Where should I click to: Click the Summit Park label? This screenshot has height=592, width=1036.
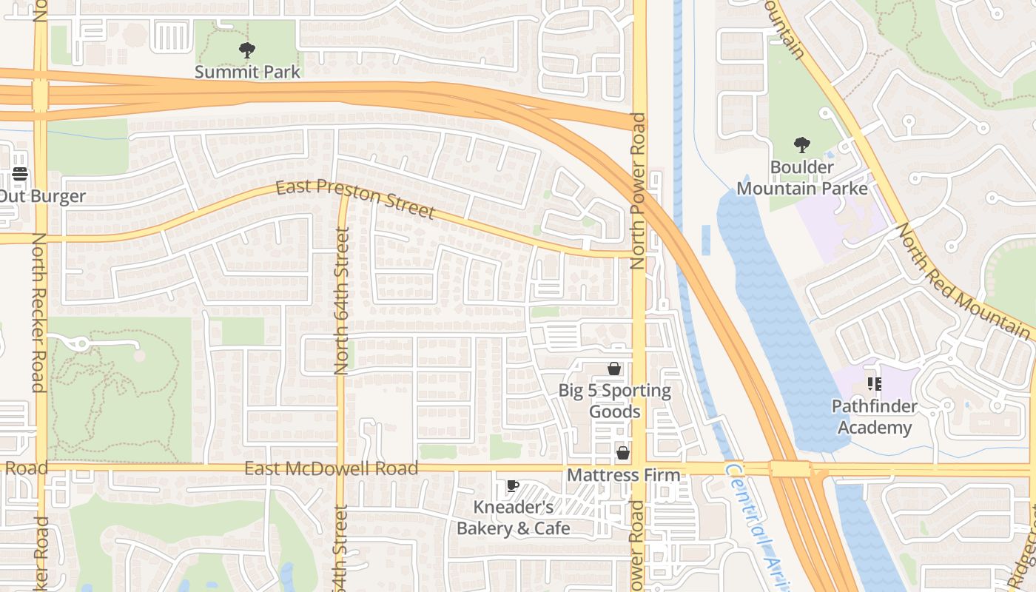[x=247, y=72]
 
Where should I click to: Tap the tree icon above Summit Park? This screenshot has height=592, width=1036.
[x=247, y=50]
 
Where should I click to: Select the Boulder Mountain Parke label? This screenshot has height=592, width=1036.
[x=802, y=178]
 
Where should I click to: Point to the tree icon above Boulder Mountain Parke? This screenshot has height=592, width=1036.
[x=801, y=145]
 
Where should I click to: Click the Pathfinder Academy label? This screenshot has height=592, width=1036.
[x=874, y=417]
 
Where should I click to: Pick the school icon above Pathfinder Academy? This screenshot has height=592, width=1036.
[x=874, y=384]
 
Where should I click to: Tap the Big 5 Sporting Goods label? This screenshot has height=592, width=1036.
[x=614, y=400]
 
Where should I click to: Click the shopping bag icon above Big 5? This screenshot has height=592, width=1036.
[x=613, y=369]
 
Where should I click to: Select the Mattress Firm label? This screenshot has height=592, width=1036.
[x=623, y=475]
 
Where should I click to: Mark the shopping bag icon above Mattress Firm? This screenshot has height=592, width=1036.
[x=623, y=453]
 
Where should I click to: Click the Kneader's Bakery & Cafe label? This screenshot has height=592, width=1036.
[x=514, y=518]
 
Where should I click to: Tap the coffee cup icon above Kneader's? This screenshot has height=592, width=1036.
[x=512, y=485]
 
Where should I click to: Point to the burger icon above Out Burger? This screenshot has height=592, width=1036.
[x=20, y=175]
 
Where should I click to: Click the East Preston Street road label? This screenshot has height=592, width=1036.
[x=355, y=198]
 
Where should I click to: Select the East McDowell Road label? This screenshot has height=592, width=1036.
[x=331, y=468]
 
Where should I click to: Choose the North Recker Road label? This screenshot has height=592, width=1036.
[x=38, y=312]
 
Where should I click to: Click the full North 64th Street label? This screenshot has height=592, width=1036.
[x=341, y=300]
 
